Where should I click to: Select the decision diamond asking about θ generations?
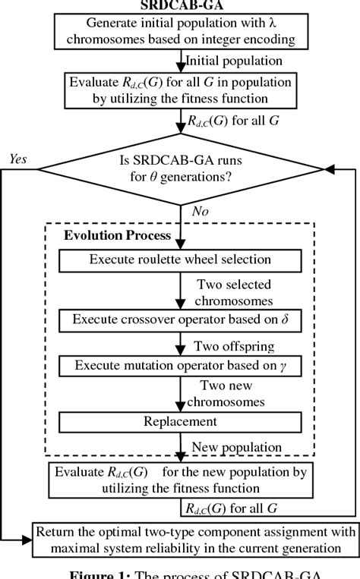tap(181, 171)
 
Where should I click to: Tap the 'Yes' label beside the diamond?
tap(17, 158)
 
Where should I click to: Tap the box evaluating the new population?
tap(181, 479)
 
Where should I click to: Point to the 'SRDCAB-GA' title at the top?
tap(180, 4)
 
